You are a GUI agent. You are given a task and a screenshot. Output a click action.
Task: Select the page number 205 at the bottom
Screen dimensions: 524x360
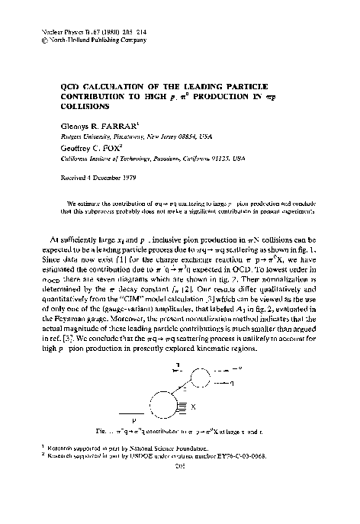point(179,503)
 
